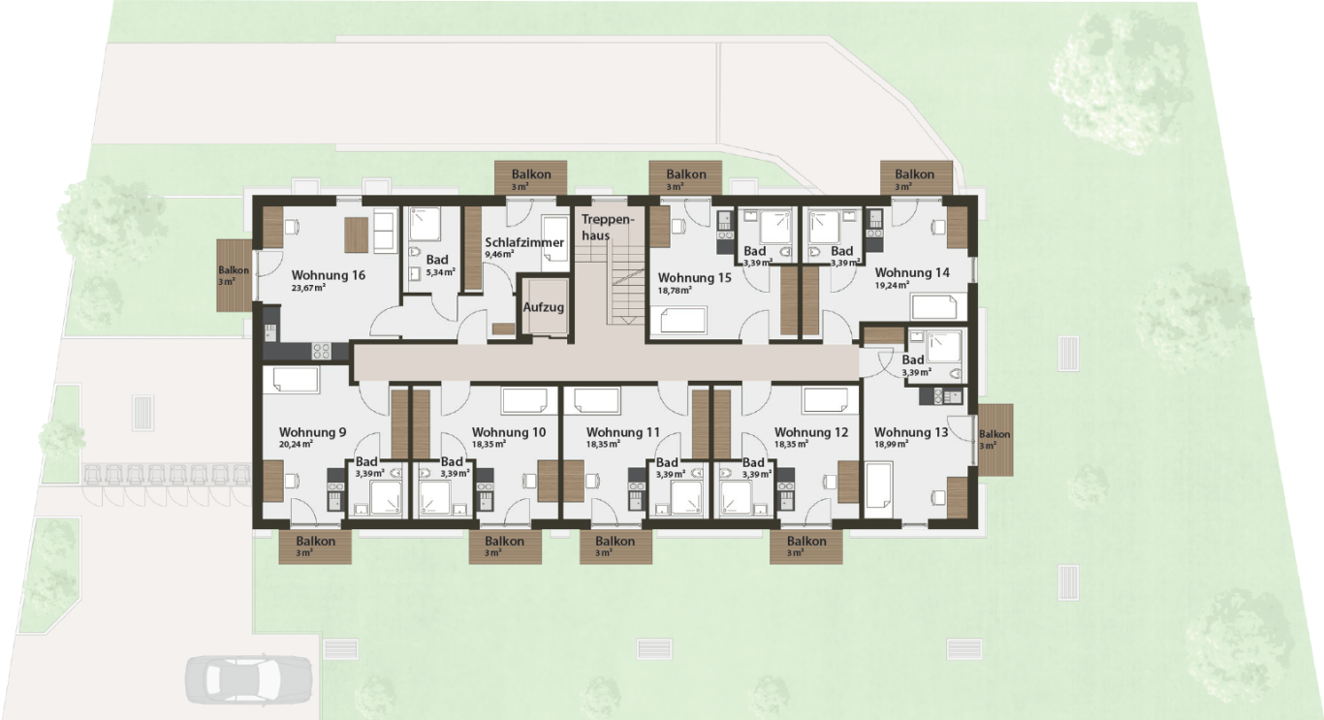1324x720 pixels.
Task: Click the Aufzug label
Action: coord(543,307)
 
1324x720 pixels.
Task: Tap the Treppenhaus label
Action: coord(607,228)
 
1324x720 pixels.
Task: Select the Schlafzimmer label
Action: coord(524,242)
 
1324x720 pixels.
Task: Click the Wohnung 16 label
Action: coord(328,275)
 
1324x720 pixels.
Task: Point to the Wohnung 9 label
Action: coord(312,432)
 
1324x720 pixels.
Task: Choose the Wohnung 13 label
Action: coord(911,432)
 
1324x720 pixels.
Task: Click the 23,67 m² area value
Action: coord(308,288)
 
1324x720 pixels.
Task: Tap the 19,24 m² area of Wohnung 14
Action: coord(892,285)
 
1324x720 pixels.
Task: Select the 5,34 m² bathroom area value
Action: coord(440,272)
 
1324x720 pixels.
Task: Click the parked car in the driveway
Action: coord(248,679)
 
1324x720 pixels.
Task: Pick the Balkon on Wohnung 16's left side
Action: coord(235,275)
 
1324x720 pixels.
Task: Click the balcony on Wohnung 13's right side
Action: coord(995,440)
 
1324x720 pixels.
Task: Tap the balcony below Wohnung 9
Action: coord(315,547)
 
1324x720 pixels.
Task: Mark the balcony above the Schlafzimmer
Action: coord(531,177)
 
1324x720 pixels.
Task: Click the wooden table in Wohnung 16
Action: coord(357,235)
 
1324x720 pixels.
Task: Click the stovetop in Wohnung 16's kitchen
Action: coord(321,351)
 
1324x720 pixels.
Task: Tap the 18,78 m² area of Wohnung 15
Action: coord(675,291)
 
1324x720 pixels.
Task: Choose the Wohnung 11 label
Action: coord(623,432)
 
